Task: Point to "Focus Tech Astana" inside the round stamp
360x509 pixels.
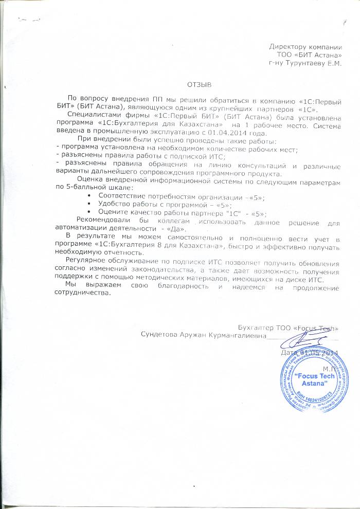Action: click(x=311, y=380)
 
